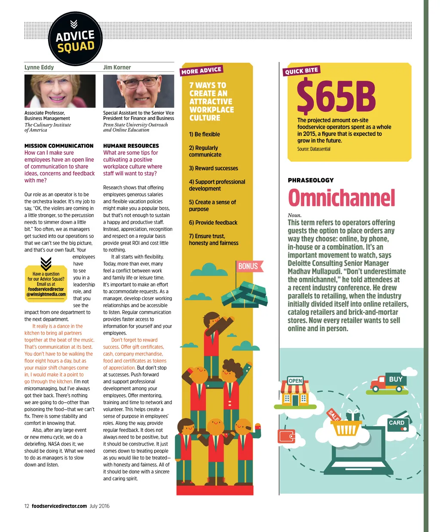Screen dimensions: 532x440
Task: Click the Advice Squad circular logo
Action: coord(76,39)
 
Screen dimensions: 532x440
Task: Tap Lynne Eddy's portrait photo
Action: coord(60,91)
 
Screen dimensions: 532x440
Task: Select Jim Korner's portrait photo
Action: coord(138,91)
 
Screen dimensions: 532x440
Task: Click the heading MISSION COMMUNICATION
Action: coord(59,146)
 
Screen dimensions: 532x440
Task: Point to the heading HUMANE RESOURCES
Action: coord(131,146)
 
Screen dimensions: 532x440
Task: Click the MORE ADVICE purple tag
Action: coord(202,71)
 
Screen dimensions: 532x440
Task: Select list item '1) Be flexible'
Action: coord(205,134)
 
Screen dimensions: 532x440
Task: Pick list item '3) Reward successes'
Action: coord(214,168)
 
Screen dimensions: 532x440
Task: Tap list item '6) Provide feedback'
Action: coord(213,222)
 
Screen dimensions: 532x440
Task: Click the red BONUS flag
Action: coord(248,266)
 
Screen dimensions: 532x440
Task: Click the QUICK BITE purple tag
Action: coord(302,71)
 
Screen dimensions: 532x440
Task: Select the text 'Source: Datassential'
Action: coord(314,149)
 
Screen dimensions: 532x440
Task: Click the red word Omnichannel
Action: coord(341,198)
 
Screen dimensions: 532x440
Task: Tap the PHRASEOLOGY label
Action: coord(311,180)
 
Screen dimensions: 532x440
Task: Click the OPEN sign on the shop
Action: coord(295,381)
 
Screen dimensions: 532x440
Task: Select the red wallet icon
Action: coord(287,436)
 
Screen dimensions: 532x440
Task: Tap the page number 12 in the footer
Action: coord(27,506)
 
